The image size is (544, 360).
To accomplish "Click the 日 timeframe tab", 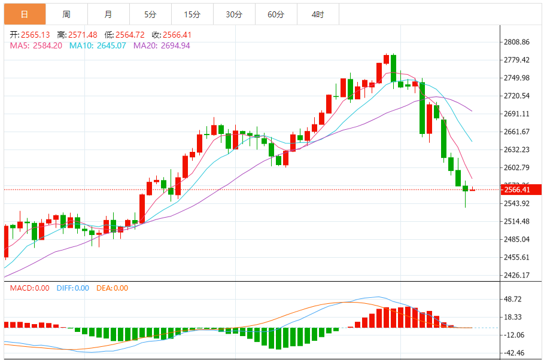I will [24, 14].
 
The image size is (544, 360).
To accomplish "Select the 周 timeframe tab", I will [66, 14].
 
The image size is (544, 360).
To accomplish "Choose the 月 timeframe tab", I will [108, 14].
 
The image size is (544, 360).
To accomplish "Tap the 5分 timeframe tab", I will [150, 14].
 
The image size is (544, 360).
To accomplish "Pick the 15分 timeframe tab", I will [192, 14].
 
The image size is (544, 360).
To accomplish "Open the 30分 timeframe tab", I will [234, 14].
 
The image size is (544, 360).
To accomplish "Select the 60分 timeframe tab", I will [276, 14].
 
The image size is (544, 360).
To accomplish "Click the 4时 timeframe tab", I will [318, 14].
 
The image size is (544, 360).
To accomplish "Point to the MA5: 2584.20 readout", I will [37, 45].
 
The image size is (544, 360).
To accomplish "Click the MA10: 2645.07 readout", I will [98, 45].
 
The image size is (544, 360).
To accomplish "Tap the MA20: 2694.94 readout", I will [162, 45].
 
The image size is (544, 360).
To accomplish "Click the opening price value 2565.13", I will [34, 35].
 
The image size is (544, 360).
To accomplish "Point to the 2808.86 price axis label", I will [517, 42].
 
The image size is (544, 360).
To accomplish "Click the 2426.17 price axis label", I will [517, 276].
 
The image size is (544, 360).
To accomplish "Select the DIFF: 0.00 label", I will [73, 288].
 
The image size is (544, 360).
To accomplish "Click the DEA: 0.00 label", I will [113, 288].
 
